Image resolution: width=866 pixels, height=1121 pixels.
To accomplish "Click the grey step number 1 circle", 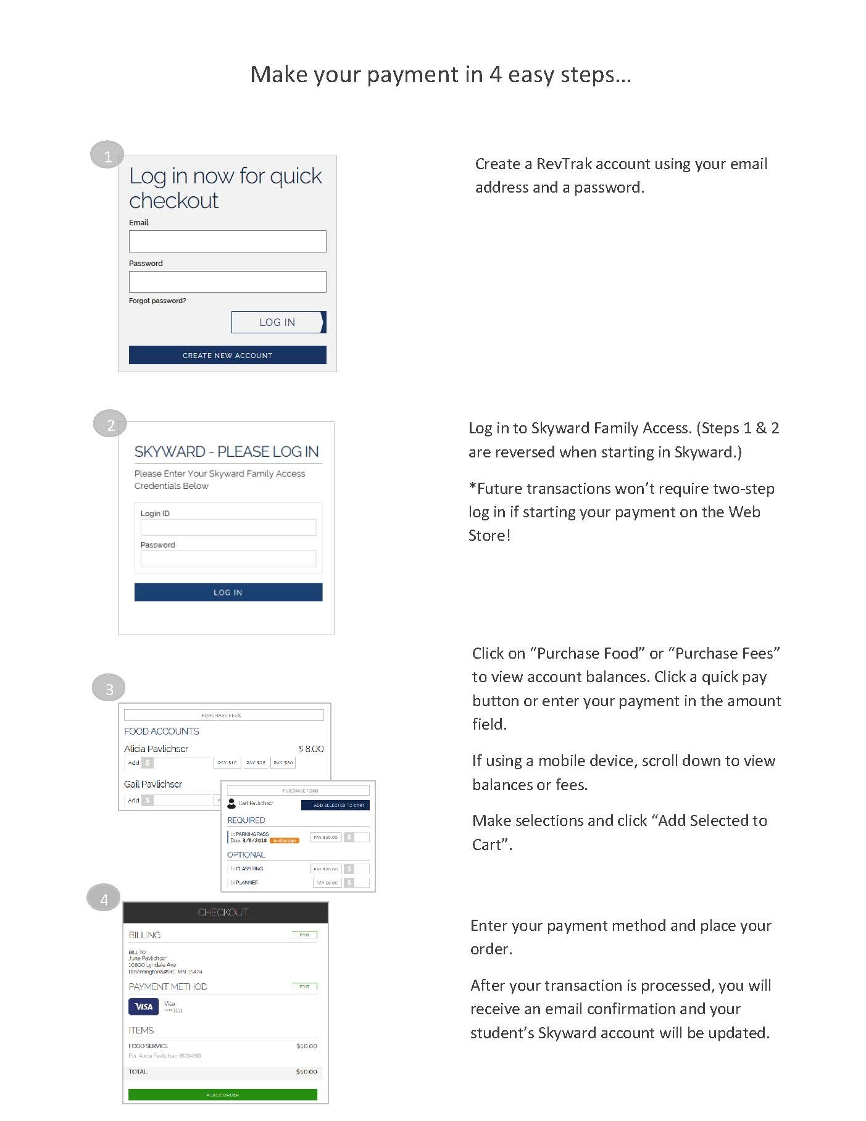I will pyautogui.click(x=107, y=156).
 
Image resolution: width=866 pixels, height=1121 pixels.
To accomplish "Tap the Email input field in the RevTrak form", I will pyautogui.click(x=227, y=241).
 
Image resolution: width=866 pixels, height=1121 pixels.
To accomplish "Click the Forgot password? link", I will pyautogui.click(x=157, y=301).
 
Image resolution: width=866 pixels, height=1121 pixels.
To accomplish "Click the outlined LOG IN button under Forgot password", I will pyautogui.click(x=278, y=322).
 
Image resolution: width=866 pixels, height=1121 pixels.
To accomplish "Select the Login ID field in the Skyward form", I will pyautogui.click(x=228, y=527).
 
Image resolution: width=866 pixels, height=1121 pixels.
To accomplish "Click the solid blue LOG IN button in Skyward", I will pyautogui.click(x=228, y=592).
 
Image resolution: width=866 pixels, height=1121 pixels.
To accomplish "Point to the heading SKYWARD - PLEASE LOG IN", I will pyautogui.click(x=227, y=452).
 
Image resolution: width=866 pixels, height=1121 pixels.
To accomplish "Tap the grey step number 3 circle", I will pyautogui.click(x=109, y=688).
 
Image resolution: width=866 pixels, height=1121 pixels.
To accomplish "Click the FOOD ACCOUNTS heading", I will pyautogui.click(x=162, y=731).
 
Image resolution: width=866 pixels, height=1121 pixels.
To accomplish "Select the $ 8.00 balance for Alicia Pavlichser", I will pyautogui.click(x=311, y=749).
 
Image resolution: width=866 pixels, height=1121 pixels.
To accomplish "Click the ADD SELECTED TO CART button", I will pyautogui.click(x=335, y=805).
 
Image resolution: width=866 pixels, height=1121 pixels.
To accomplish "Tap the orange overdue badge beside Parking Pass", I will pyautogui.click(x=285, y=841).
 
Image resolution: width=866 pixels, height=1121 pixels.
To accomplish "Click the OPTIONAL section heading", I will pyautogui.click(x=246, y=855).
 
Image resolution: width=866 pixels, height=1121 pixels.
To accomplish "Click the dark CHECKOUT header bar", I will pyautogui.click(x=225, y=912).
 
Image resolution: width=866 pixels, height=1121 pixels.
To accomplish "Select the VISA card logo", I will pyautogui.click(x=144, y=1007).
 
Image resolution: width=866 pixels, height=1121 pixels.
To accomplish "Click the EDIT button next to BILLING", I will pyautogui.click(x=304, y=935).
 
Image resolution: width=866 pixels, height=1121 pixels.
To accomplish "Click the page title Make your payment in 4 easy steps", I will pyautogui.click(x=441, y=75).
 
